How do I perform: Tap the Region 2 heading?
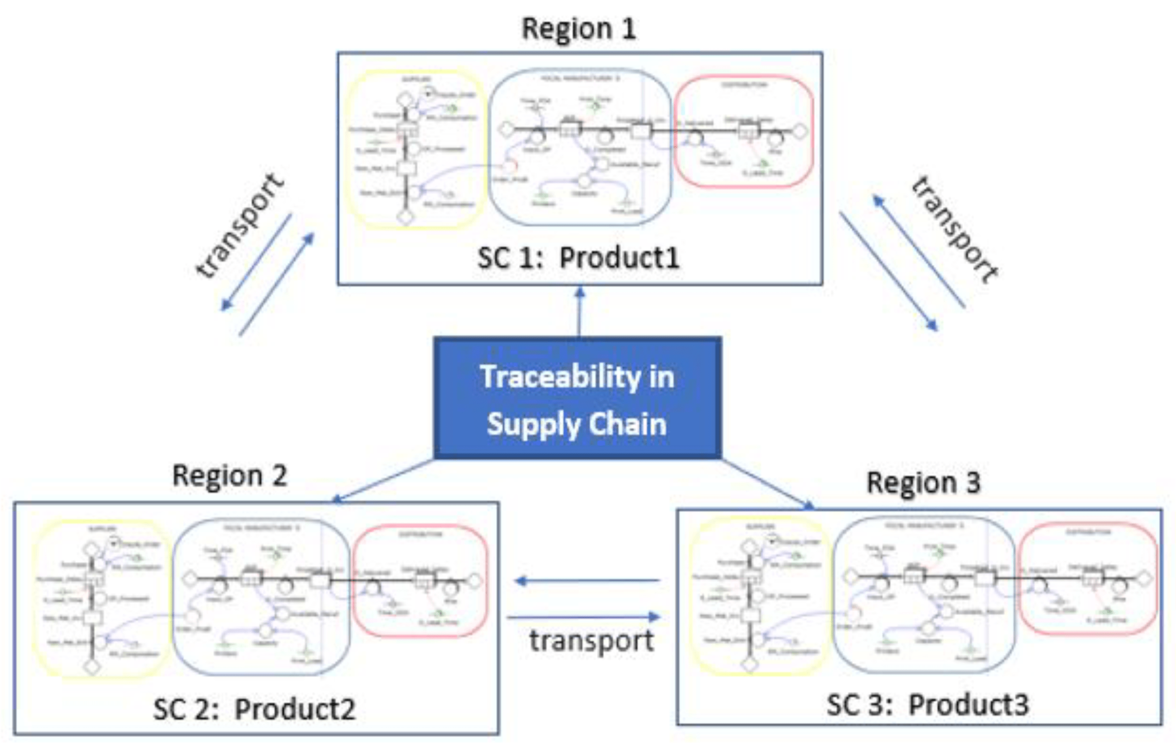tap(230, 476)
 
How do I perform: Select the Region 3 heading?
tap(923, 483)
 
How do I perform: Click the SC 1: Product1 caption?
tap(579, 258)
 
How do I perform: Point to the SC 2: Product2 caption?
tap(254, 709)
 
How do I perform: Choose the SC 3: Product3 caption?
tap(927, 705)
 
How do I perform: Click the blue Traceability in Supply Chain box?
tap(577, 398)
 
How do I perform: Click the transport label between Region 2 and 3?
tap(591, 641)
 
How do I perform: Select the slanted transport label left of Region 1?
tap(239, 226)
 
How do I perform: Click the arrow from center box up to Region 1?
tap(580, 313)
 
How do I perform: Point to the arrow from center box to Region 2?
tap(383, 481)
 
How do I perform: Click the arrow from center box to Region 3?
tap(767, 483)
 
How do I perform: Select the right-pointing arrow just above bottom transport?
tap(584, 618)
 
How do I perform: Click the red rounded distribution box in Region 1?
tap(743, 131)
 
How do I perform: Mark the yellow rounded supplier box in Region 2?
tap(101, 598)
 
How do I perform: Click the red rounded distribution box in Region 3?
tap(1088, 579)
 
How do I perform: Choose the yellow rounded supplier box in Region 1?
tap(415, 149)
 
